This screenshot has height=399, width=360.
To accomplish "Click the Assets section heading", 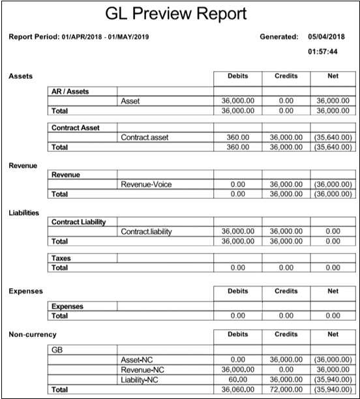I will (20, 77).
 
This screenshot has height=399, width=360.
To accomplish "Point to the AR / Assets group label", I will (70, 91).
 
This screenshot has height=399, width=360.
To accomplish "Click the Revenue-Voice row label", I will (147, 185).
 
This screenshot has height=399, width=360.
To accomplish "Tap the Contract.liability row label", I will (147, 231).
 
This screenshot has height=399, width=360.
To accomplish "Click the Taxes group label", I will (61, 258).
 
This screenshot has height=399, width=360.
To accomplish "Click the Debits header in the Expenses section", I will (237, 291).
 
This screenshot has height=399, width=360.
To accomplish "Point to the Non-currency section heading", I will (33, 334).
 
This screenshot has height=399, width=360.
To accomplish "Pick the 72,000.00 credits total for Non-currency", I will (285, 389).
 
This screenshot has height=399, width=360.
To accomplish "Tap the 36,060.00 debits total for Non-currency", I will (239, 389).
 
